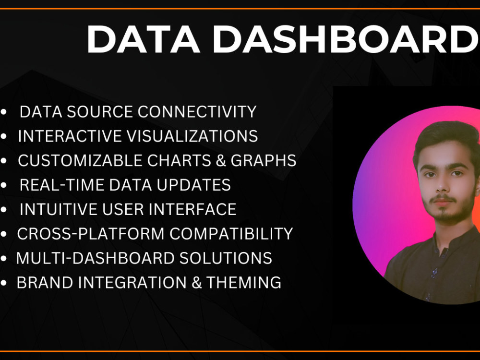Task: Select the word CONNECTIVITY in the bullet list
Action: click(x=197, y=112)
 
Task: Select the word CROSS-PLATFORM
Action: click(x=91, y=234)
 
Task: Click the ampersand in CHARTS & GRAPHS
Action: click(x=220, y=161)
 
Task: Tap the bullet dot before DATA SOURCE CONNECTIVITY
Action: click(x=4, y=112)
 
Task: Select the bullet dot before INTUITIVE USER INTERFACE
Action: click(x=4, y=210)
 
